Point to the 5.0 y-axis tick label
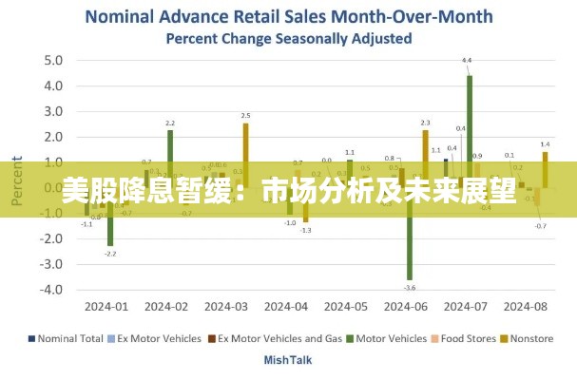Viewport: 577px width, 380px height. coord(52,60)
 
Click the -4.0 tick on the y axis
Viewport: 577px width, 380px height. coord(50,290)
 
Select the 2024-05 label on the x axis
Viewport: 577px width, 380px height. coord(345,307)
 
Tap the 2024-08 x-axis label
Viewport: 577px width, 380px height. coord(525,307)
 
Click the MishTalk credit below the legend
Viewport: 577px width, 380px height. coord(287,360)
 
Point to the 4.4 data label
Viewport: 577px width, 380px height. coord(467,61)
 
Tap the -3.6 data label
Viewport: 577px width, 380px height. coord(410,287)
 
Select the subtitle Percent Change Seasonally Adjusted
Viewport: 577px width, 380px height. coord(288,39)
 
